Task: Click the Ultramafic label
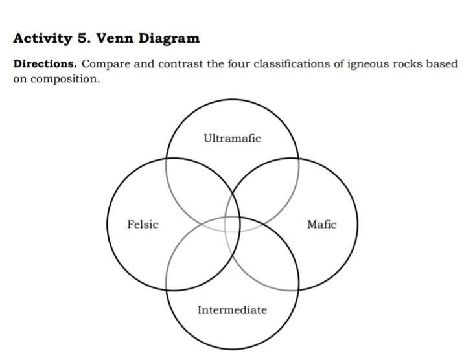click(232, 138)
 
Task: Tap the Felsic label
click(143, 225)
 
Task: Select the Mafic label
click(321, 225)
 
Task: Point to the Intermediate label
click(232, 310)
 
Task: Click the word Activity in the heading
click(43, 38)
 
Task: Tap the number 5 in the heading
click(84, 38)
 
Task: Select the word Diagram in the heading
click(168, 38)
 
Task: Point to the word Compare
click(104, 65)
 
